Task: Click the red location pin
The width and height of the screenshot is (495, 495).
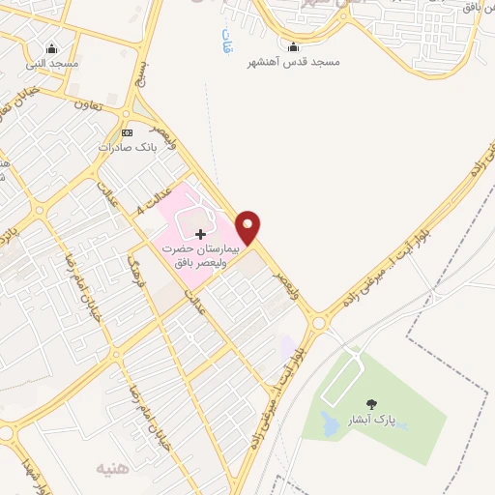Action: pyautogui.click(x=248, y=226)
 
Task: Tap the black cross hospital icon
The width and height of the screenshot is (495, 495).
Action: pyautogui.click(x=200, y=234)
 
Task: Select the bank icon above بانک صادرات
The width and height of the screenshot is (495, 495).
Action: pyautogui.click(x=127, y=132)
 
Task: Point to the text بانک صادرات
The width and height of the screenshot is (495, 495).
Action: pyautogui.click(x=127, y=148)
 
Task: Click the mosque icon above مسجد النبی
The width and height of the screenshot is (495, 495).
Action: pyautogui.click(x=51, y=48)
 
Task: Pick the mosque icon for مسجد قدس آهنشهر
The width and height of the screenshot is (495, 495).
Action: pyautogui.click(x=293, y=46)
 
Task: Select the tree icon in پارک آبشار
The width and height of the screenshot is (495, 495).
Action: pyautogui.click(x=371, y=403)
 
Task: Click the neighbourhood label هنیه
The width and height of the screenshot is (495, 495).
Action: pyautogui.click(x=110, y=468)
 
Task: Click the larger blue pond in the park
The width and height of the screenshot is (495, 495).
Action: pyautogui.click(x=329, y=423)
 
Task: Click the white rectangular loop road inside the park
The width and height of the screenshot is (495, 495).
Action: pyautogui.click(x=343, y=376)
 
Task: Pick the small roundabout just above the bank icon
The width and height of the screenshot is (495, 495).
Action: pyautogui.click(x=127, y=114)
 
